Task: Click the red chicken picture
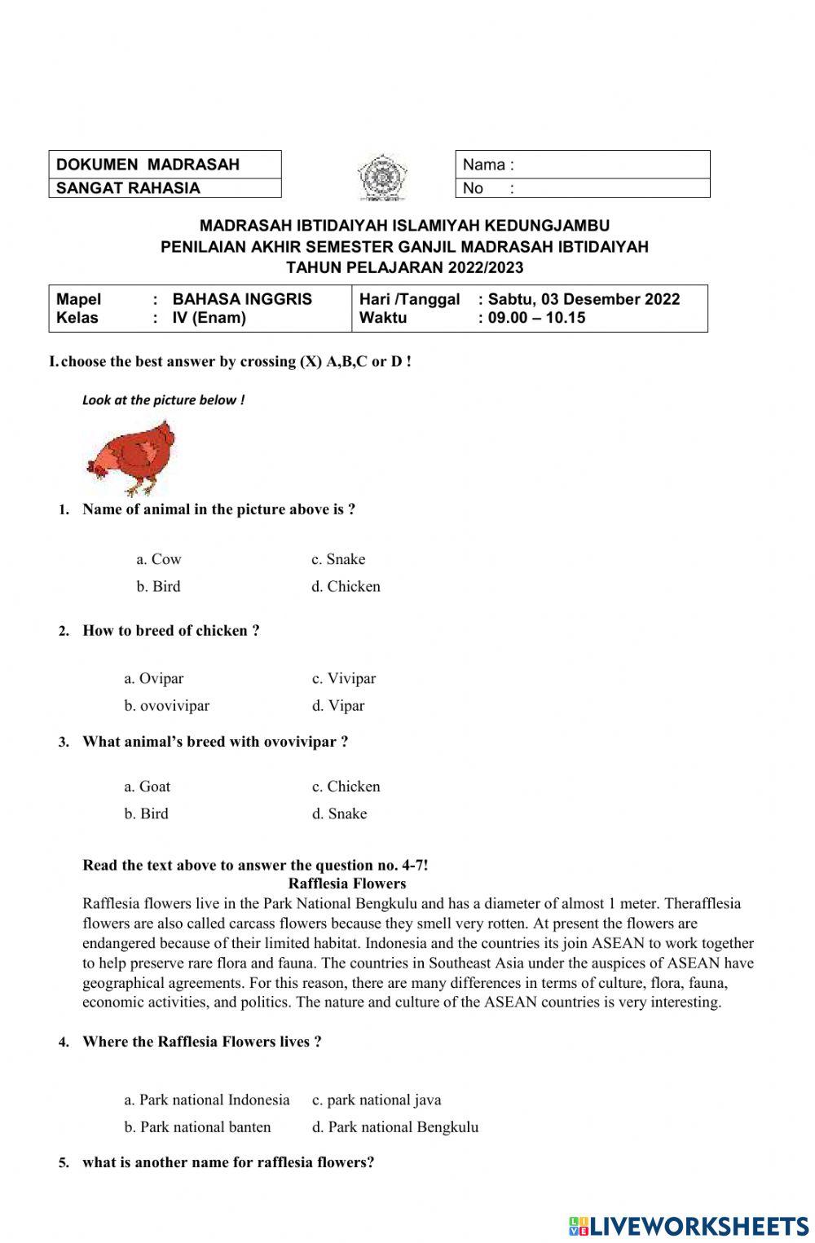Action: pyautogui.click(x=132, y=457)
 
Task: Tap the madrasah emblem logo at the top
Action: pyautogui.click(x=377, y=176)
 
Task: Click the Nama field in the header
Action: pyautogui.click(x=582, y=165)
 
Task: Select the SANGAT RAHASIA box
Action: pyautogui.click(x=165, y=188)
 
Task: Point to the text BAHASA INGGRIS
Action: pyautogui.click(x=242, y=299)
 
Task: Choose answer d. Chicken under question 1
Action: pyautogui.click(x=346, y=587)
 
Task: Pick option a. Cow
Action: pyautogui.click(x=159, y=559)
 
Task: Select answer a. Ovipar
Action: pyautogui.click(x=154, y=678)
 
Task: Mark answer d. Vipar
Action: pyautogui.click(x=338, y=706)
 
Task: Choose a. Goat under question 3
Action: pyautogui.click(x=148, y=787)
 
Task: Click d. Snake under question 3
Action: pyautogui.click(x=340, y=813)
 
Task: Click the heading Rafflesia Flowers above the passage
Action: pyautogui.click(x=347, y=884)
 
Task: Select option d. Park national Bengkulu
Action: pyautogui.click(x=395, y=1127)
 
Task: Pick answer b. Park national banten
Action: pyautogui.click(x=198, y=1127)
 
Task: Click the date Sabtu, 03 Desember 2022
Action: pyautogui.click(x=584, y=299)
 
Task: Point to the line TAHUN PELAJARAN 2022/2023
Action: pyautogui.click(x=405, y=267)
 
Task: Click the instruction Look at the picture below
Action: pyautogui.click(x=163, y=400)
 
